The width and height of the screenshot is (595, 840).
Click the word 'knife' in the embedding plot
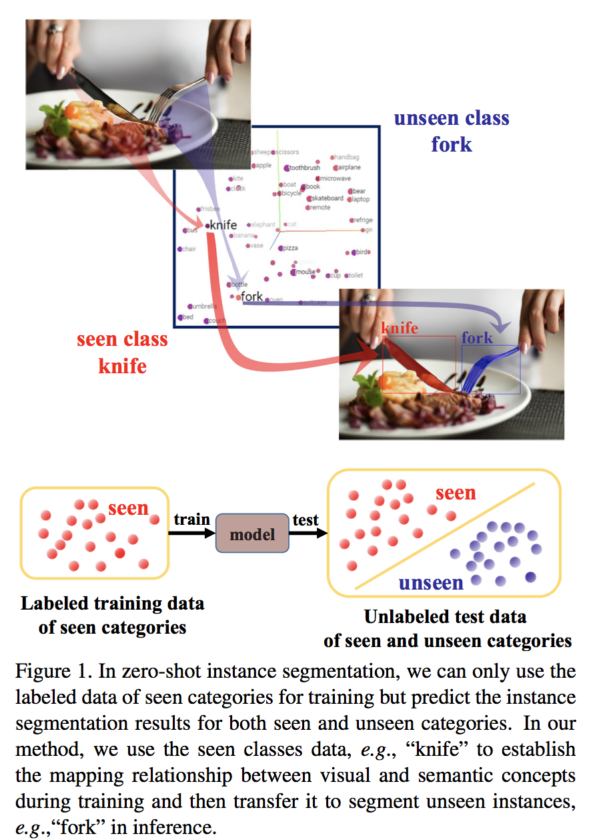pyautogui.click(x=223, y=225)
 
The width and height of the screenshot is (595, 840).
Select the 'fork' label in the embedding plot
pyautogui.click(x=252, y=297)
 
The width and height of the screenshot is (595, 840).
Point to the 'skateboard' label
pyautogui.click(x=327, y=198)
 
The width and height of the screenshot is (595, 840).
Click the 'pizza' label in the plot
pyautogui.click(x=289, y=248)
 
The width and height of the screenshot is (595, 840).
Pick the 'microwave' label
pyautogui.click(x=334, y=179)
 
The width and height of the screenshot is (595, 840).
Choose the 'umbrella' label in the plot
pyautogui.click(x=203, y=306)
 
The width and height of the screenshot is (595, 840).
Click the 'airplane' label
pyautogui.click(x=349, y=167)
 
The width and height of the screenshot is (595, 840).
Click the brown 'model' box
pyautogui.click(x=252, y=534)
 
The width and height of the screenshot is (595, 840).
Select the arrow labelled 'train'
pyautogui.click(x=191, y=533)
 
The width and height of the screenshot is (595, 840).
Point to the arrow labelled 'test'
pyautogui.click(x=309, y=533)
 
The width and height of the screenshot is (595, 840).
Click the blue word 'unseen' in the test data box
pyautogui.click(x=431, y=583)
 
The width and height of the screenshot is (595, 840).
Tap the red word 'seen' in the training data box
pyautogui.click(x=127, y=508)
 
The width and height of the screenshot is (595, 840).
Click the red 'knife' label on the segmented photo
pyautogui.click(x=400, y=328)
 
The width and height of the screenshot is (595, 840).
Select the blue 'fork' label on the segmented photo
pyautogui.click(x=477, y=338)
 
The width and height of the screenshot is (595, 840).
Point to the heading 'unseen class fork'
pyautogui.click(x=452, y=131)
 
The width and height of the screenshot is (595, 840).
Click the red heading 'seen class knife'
pyautogui.click(x=122, y=352)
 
